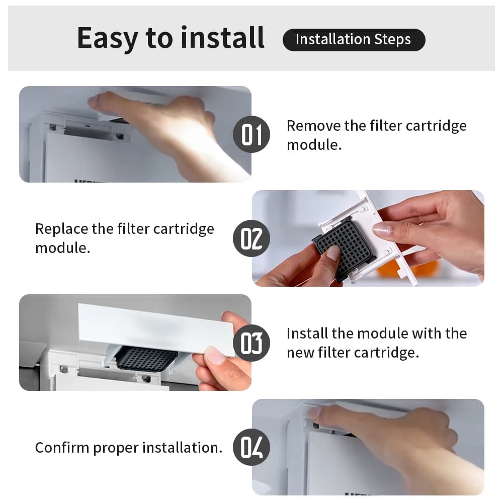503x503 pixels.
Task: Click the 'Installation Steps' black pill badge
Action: point(354,40)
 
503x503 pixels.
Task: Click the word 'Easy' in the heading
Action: point(108,39)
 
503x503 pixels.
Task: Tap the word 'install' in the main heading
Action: point(222,38)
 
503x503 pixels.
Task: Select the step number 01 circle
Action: point(251,134)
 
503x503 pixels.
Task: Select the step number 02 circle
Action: point(251,238)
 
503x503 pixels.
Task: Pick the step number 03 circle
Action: point(251,343)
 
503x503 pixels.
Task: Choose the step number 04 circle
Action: point(251,447)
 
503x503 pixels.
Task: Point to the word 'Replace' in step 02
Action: point(61,229)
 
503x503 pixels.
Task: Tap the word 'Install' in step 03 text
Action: point(307,333)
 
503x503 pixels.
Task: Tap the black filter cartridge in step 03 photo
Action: point(146,359)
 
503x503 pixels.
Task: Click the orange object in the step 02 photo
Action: point(407,269)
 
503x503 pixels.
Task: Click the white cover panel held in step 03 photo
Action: point(156,329)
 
